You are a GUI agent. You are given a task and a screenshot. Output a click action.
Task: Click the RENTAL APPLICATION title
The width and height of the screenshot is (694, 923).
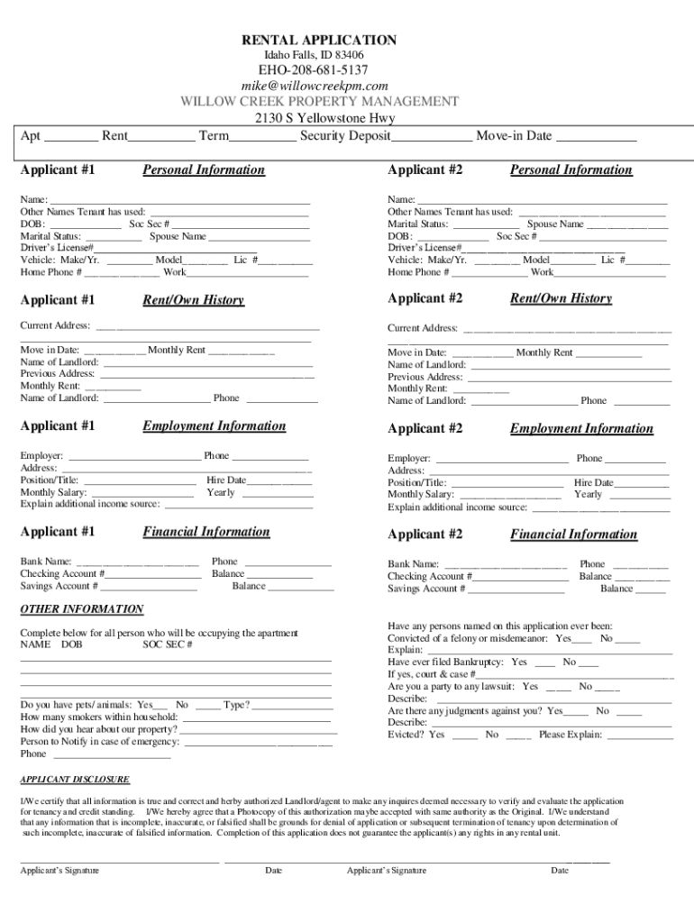pos(317,40)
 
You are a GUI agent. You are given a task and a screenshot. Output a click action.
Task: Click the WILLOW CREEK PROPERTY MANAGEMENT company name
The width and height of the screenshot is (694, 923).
pos(319,101)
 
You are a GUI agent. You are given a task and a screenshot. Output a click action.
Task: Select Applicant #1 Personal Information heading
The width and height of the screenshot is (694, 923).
pos(204,169)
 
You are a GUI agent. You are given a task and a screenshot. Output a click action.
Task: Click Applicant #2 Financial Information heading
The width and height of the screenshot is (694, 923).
pos(573,535)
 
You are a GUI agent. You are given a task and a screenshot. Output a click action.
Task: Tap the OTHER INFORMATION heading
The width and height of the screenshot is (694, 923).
pos(82,609)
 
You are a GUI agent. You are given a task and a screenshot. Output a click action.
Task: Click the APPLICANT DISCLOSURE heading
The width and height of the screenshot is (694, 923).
pos(75,779)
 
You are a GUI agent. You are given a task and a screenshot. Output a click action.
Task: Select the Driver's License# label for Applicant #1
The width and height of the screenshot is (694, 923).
pos(58,248)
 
